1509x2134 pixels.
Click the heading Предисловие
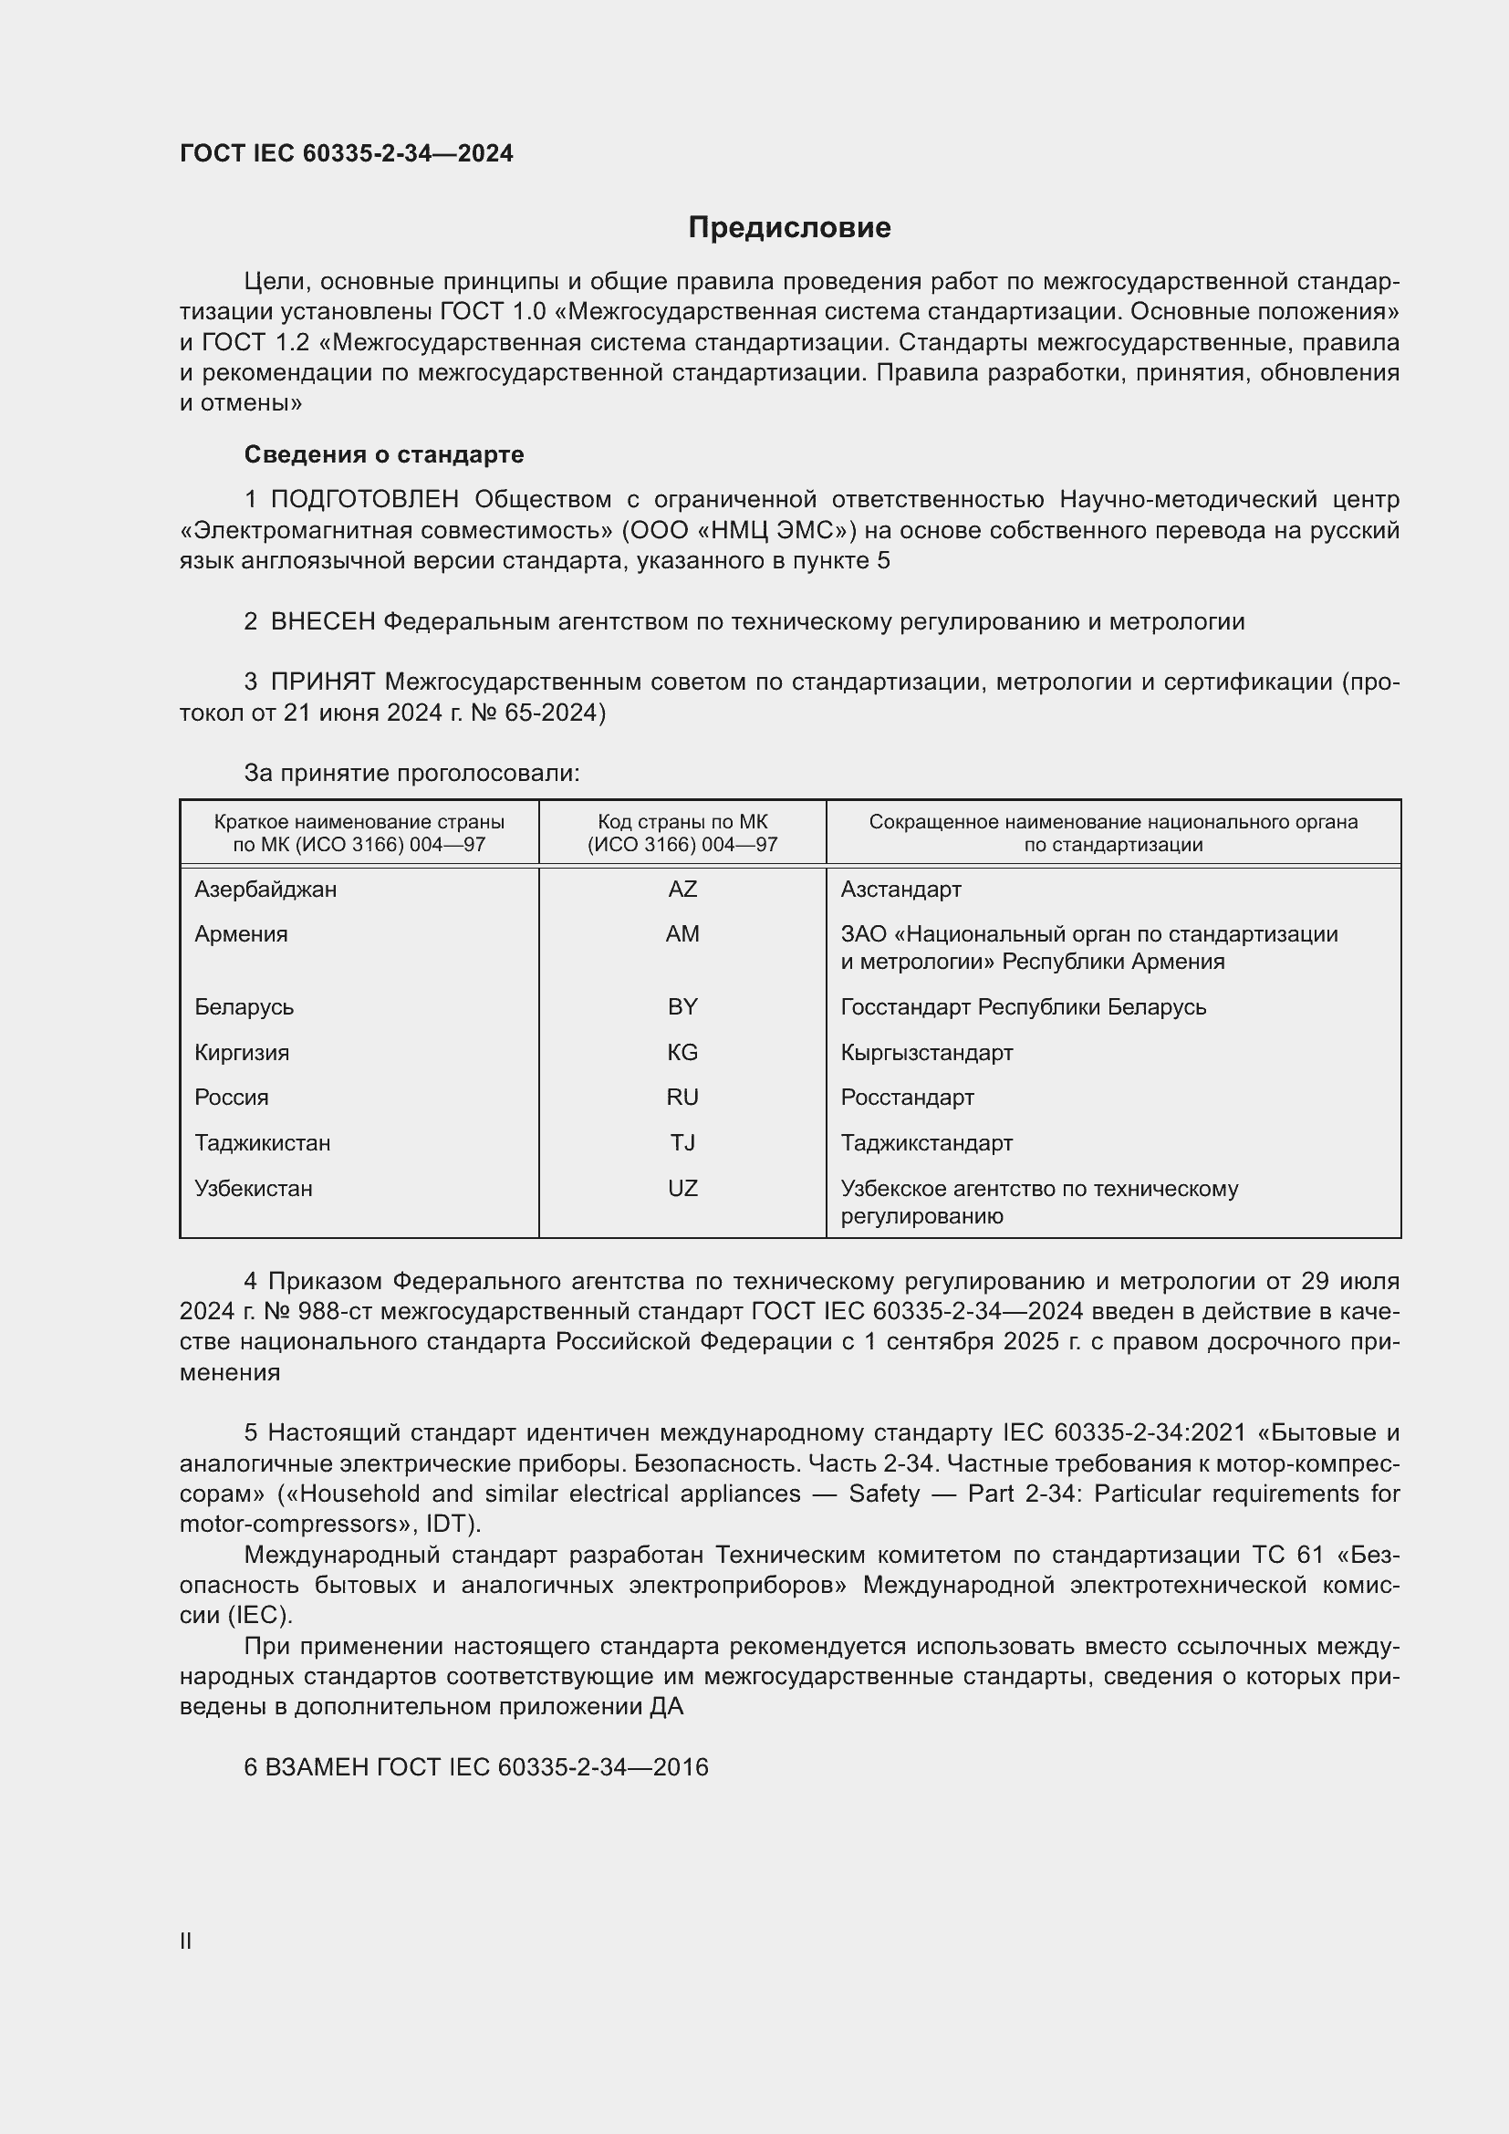click(789, 228)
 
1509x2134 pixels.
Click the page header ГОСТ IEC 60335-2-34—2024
click(347, 153)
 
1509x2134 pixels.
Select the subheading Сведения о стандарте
click(384, 454)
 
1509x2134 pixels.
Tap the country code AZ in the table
click(682, 890)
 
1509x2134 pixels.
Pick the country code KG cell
click(682, 1052)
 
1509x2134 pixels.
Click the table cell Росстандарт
click(907, 1098)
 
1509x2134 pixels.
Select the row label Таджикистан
click(262, 1143)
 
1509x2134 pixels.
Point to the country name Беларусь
click(244, 1007)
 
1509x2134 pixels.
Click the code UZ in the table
click(682, 1189)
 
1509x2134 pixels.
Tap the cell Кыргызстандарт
click(926, 1053)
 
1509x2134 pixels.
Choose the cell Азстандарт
click(900, 890)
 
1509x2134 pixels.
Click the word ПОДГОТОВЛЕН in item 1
click(364, 500)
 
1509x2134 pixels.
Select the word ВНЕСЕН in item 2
click(322, 622)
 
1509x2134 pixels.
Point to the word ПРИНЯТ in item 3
click(322, 682)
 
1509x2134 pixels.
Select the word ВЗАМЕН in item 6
click(316, 1768)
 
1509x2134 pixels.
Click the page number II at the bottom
click(186, 1941)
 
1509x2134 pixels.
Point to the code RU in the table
click(682, 1098)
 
